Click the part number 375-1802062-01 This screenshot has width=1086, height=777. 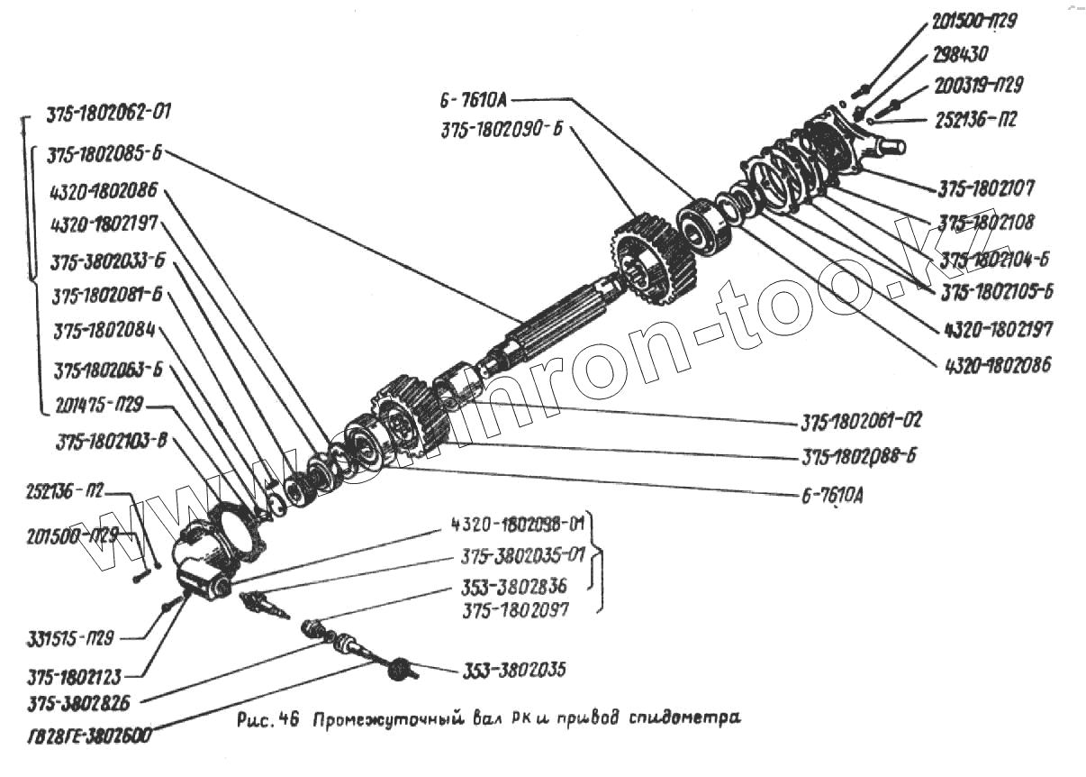point(107,114)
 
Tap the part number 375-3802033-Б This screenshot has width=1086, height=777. point(108,262)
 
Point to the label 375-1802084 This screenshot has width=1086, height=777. point(104,330)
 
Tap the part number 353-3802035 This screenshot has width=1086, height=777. point(514,671)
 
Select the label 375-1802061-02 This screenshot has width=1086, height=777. point(861,421)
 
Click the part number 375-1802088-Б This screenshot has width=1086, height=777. point(859,457)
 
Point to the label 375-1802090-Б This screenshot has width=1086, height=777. point(502,130)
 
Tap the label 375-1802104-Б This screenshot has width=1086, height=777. point(996,260)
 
